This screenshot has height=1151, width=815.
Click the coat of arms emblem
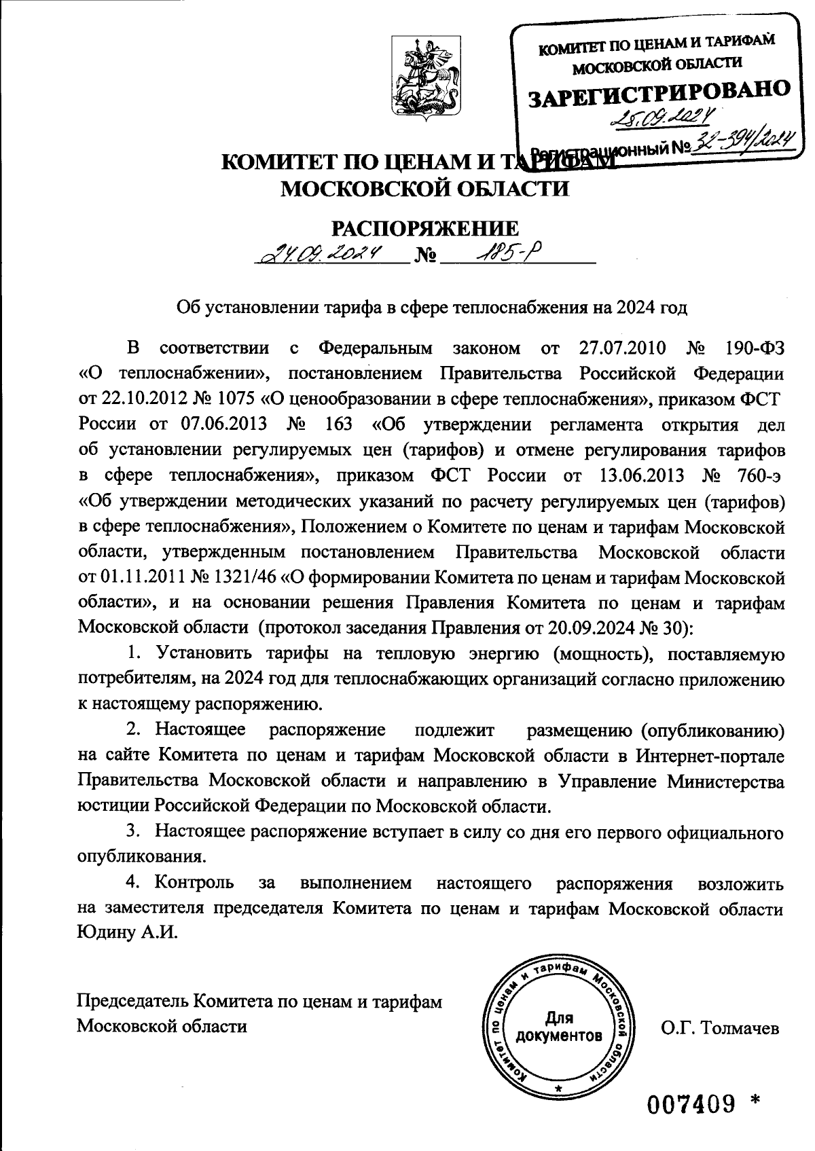[x=425, y=80]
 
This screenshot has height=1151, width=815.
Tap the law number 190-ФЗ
[x=749, y=348]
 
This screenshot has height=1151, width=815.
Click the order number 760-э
[x=753, y=475]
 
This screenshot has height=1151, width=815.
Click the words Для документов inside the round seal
[x=558, y=1027]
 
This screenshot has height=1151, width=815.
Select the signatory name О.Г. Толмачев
[x=720, y=1027]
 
